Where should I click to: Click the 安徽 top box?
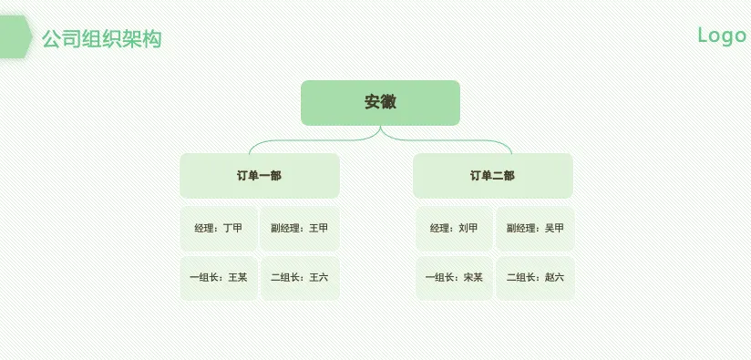click(380, 103)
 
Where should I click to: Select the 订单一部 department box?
click(260, 176)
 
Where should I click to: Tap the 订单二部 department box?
click(493, 176)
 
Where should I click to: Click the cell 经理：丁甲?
click(219, 229)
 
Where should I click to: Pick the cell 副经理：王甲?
click(300, 229)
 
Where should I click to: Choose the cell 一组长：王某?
click(219, 278)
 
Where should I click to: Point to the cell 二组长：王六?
click(300, 278)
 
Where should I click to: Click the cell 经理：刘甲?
click(454, 229)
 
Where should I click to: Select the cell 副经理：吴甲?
click(535, 229)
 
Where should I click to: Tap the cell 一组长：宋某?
click(454, 278)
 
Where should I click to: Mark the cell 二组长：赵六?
click(535, 278)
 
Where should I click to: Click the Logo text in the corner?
click(722, 36)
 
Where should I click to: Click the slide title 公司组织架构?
click(101, 39)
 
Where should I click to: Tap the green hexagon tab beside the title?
click(15, 36)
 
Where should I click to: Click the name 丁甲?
click(232, 229)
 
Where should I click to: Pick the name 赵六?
click(554, 278)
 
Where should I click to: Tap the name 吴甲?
click(554, 229)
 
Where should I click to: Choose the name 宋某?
click(473, 278)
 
